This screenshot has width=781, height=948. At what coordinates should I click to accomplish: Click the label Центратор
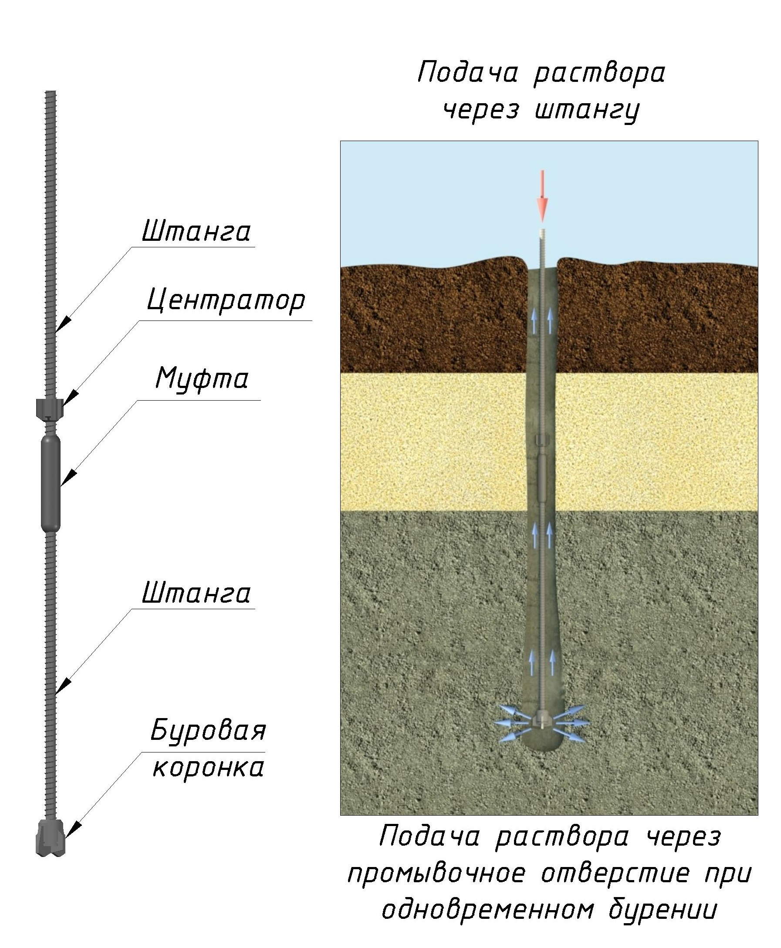(226, 300)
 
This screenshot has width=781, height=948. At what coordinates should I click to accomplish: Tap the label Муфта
(202, 379)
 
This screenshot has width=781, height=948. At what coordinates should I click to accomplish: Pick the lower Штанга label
(196, 593)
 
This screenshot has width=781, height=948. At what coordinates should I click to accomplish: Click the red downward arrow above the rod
(543, 196)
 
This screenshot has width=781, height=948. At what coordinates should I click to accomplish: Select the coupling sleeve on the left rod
(51, 482)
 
